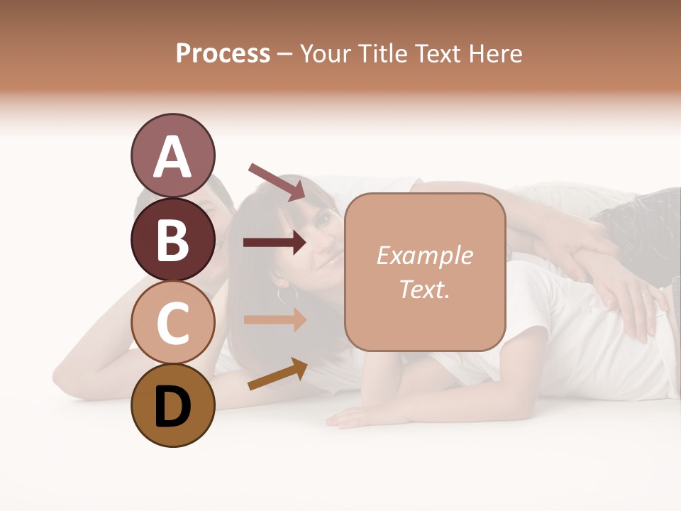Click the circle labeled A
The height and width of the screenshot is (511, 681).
tap(172, 156)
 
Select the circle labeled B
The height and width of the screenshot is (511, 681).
tap(172, 239)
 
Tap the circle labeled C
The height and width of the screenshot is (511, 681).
tap(172, 322)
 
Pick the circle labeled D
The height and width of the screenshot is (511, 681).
tap(172, 405)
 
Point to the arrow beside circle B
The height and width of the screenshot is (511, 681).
tap(275, 243)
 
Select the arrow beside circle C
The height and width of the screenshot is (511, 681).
tap(275, 319)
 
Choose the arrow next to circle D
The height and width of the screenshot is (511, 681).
tap(277, 374)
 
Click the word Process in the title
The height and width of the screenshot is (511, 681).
tap(223, 53)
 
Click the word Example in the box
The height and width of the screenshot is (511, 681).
tap(424, 255)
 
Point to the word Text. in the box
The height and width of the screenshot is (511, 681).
tap(424, 289)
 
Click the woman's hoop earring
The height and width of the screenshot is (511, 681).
tap(287, 294)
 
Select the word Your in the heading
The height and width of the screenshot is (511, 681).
tap(325, 53)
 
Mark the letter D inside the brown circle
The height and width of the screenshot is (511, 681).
tap(172, 407)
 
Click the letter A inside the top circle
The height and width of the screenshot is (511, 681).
tap(172, 158)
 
